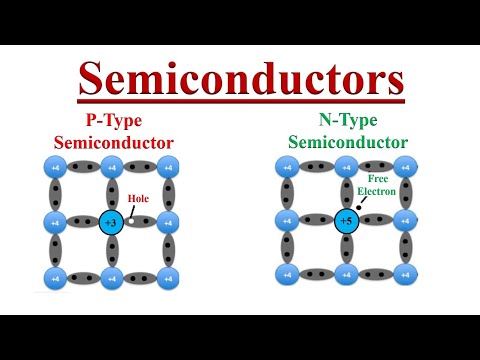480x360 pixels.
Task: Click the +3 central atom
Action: click(x=111, y=221)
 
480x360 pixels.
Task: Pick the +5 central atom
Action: click(x=346, y=221)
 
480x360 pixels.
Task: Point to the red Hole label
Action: click(x=138, y=198)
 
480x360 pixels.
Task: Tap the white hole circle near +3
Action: click(x=131, y=221)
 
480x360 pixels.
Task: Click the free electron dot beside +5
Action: click(x=359, y=208)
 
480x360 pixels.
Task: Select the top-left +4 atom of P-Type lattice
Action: click(x=54, y=166)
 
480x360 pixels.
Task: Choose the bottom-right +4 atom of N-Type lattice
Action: click(x=405, y=274)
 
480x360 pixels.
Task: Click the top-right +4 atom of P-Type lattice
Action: click(x=168, y=166)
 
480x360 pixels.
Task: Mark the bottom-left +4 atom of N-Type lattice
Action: click(x=288, y=274)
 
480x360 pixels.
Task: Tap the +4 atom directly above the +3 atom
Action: click(x=111, y=166)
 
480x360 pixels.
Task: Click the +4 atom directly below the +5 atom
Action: click(x=346, y=274)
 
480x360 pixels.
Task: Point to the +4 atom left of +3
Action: click(x=54, y=221)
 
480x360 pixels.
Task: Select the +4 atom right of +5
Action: click(x=405, y=221)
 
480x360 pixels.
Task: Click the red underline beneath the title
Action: click(x=240, y=100)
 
